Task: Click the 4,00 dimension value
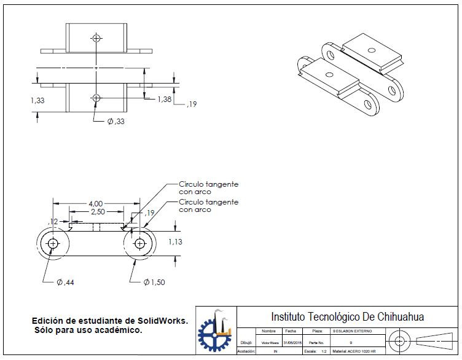95,203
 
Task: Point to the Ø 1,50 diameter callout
155,282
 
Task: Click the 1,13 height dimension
176,242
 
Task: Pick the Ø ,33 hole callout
116,122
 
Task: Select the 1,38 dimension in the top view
164,99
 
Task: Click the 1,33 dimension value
37,100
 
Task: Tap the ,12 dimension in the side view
53,221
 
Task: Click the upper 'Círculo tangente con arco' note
208,187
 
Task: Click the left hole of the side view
53,243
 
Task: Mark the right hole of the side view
139,243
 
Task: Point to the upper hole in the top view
96,37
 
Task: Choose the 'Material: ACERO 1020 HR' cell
354,351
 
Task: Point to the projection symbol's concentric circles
400,340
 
